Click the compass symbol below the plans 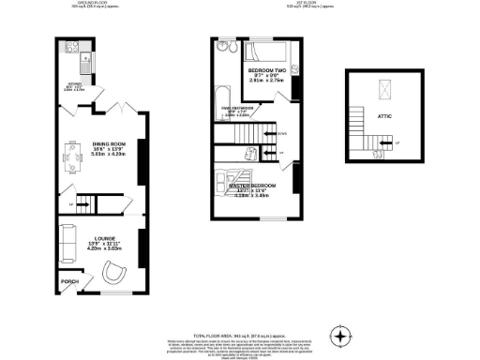click(341, 335)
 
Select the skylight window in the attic click(382, 90)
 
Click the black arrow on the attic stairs click(384, 143)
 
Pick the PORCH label click(69, 280)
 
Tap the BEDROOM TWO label click(266, 71)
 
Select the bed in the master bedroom click(233, 179)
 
